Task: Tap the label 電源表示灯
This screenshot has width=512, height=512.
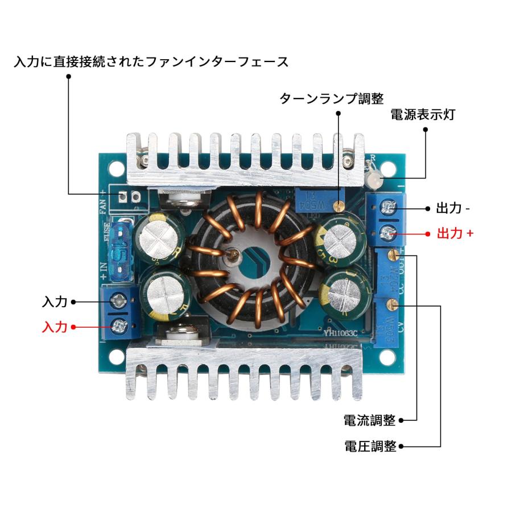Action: [422, 114]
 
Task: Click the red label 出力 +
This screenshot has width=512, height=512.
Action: [455, 233]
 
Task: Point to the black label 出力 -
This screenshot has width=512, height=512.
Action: [453, 208]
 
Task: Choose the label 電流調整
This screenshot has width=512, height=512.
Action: [369, 420]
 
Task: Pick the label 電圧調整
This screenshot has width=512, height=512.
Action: [370, 446]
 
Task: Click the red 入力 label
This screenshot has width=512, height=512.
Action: [55, 327]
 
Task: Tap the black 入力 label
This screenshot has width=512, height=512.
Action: [55, 302]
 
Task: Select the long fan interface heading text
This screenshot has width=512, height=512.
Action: [151, 61]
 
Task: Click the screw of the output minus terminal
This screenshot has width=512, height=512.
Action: [389, 208]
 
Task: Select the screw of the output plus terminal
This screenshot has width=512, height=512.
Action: [389, 232]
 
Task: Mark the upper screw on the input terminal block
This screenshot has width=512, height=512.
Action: [119, 300]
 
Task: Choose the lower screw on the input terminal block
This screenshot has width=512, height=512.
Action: [119, 327]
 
